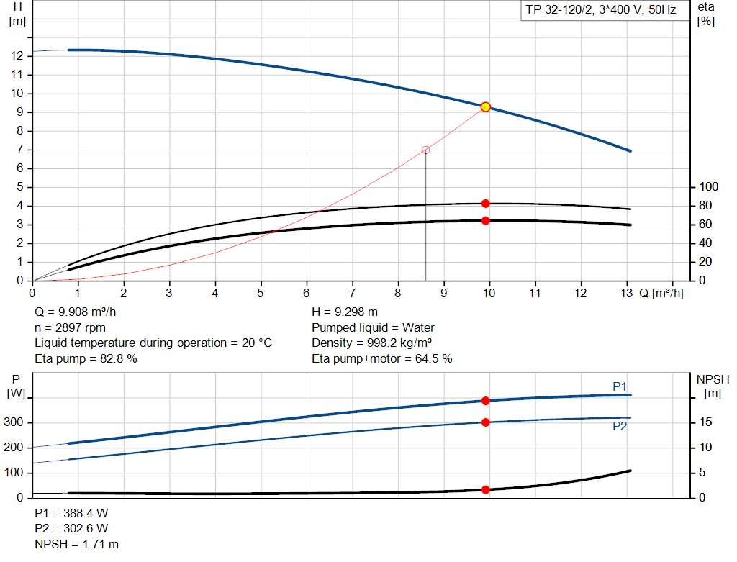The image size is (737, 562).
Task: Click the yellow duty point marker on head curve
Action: tap(486, 107)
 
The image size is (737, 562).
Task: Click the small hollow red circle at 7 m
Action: tap(425, 150)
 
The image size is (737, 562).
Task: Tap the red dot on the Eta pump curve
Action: tap(486, 204)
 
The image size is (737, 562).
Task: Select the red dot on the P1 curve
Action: tap(486, 401)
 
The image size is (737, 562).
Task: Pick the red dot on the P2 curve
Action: tap(486, 422)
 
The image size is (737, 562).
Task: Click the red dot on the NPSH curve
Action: tap(486, 490)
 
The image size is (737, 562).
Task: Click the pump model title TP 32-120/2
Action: tap(599, 12)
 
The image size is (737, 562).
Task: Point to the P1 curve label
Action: tap(620, 387)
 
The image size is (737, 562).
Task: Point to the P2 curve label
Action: tap(620, 427)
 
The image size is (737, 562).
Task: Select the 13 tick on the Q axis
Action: tap(626, 294)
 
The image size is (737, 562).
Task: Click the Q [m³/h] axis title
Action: tap(661, 294)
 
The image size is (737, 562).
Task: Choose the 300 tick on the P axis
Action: tap(15, 422)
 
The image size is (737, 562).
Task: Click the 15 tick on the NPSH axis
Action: tap(706, 422)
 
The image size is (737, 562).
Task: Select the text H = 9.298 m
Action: tap(345, 312)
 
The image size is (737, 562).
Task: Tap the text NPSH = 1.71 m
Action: tap(77, 544)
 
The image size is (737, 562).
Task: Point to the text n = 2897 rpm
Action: tap(71, 327)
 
